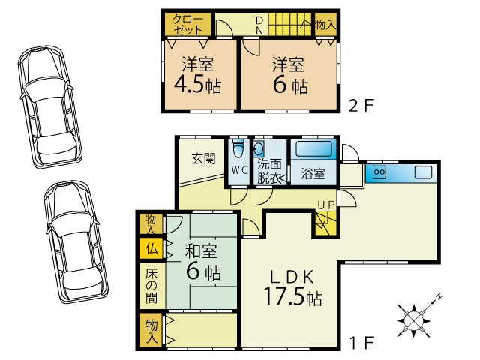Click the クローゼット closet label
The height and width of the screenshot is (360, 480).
click(187, 24)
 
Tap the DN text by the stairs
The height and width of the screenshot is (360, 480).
click(259, 25)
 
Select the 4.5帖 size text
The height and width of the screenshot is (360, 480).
click(197, 85)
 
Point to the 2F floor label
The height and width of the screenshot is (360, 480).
click(361, 106)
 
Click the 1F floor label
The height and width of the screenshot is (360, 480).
click(362, 342)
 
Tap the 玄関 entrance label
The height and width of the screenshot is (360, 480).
click(203, 158)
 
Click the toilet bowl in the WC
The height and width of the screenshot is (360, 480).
click(238, 149)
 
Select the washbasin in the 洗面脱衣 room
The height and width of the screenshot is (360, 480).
click(259, 149)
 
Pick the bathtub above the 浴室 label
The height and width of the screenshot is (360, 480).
click(313, 149)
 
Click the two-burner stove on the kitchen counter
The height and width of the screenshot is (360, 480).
click(379, 172)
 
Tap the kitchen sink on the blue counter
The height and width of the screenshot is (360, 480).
click(423, 172)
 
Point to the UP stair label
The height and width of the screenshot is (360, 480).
click(325, 205)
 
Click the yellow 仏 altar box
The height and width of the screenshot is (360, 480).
click(151, 248)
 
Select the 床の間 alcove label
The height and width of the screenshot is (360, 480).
click(151, 286)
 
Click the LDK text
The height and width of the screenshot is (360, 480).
click(292, 277)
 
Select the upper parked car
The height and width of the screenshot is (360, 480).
click(49, 106)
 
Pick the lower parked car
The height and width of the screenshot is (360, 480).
click(76, 241)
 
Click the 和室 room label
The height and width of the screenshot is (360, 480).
click(201, 251)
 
